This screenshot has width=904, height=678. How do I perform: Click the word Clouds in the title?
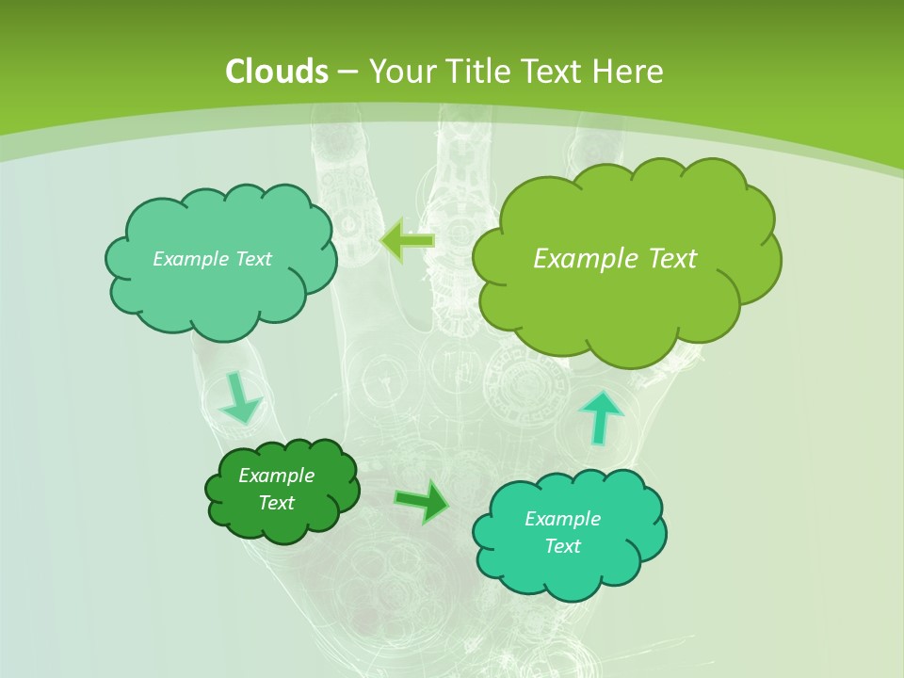click(x=276, y=72)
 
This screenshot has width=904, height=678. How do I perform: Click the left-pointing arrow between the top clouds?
click(x=407, y=240)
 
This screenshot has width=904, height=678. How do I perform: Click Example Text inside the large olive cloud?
click(x=615, y=258)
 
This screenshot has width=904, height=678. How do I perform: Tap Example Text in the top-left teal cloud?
click(x=212, y=258)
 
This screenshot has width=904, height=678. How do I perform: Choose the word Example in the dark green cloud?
click(x=276, y=476)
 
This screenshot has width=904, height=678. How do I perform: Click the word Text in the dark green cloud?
click(x=276, y=503)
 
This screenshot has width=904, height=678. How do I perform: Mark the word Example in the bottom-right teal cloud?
click(x=562, y=519)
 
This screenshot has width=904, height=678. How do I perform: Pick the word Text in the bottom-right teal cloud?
click(x=562, y=546)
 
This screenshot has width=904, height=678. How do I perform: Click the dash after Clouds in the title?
click(x=347, y=72)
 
